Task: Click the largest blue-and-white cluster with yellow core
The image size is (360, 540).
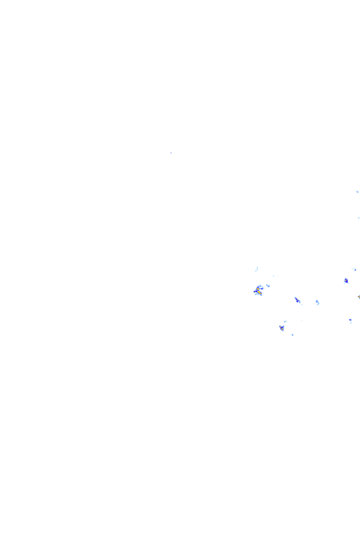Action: tap(258, 290)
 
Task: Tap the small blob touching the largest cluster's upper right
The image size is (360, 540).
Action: tap(268, 285)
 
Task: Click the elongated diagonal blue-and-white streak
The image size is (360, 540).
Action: tap(297, 300)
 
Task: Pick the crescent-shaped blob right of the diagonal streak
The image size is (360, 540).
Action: tap(317, 302)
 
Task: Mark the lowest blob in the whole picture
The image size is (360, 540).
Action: tap(292, 335)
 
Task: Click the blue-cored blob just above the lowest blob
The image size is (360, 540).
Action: tap(281, 328)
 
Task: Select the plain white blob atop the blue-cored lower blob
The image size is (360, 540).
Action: tap(285, 321)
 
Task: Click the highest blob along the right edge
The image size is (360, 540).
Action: tap(357, 191)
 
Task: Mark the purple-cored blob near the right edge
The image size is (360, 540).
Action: tap(345, 281)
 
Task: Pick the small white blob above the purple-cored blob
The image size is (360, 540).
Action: tap(354, 269)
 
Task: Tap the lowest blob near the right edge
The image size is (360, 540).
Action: tap(350, 321)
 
